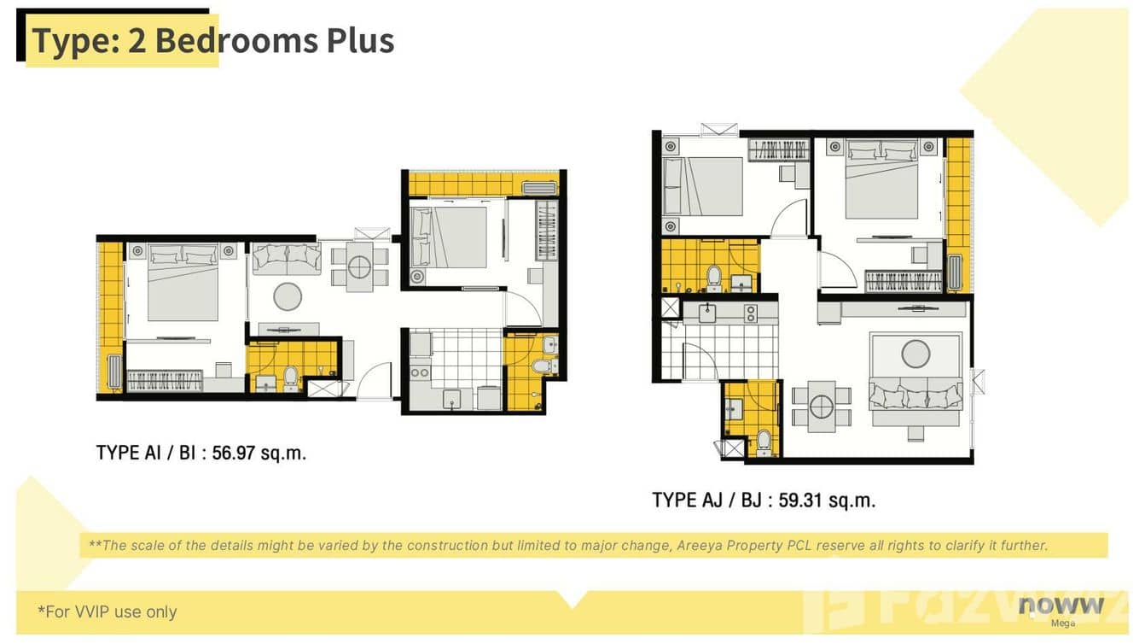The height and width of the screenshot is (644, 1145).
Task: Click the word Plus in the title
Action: [x=360, y=41]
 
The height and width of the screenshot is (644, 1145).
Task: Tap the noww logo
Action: [x=1061, y=606]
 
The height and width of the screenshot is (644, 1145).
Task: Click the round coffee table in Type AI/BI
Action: [x=288, y=296]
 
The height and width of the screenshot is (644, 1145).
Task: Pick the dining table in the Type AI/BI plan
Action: [x=359, y=266]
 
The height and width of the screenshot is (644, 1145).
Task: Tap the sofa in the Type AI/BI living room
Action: [x=287, y=258]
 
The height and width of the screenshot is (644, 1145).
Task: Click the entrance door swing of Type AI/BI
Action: [x=374, y=381]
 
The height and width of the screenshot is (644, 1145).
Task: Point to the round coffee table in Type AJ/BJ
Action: [x=915, y=353]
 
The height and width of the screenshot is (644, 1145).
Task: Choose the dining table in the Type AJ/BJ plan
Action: [x=822, y=407]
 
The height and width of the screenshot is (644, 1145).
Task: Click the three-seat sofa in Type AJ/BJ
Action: [x=915, y=395]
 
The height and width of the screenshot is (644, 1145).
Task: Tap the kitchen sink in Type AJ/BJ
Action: [x=709, y=312]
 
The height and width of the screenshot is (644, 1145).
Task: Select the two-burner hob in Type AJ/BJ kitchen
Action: [x=751, y=313]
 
